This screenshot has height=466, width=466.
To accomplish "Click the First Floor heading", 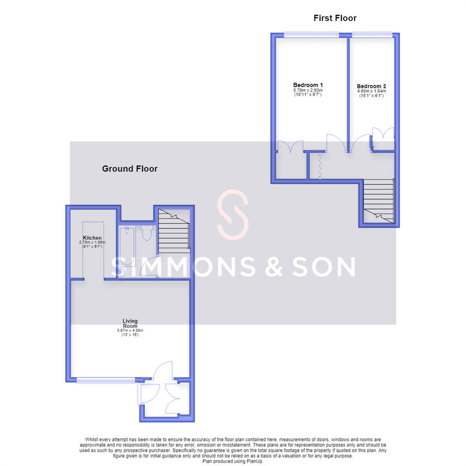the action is pos(335,18).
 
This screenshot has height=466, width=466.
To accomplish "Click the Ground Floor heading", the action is pos(130,169).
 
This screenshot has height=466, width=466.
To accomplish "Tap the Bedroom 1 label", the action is pos(308,85).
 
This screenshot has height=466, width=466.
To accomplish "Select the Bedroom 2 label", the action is pos(372,86).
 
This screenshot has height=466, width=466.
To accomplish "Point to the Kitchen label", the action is pos(92,238).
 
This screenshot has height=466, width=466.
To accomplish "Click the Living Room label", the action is pos(130,323).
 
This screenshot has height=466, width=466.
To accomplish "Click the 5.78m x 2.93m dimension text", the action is pos(308,90).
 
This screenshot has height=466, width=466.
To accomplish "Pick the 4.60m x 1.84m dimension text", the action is pos(372,91).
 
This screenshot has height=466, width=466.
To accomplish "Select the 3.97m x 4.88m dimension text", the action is pos(130,331).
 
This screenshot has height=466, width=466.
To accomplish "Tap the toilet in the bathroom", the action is pos(147,233).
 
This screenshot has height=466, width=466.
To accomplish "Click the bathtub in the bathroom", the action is pos(127,246).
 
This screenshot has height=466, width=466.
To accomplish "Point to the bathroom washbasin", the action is pos(122,272).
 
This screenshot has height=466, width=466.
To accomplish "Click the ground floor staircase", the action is pos(174,231).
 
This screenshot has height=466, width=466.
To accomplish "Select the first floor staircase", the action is pos(379,201).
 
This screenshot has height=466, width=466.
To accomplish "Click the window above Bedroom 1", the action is pos(311,35).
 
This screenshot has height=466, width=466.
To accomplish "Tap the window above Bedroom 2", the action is pos(372,35).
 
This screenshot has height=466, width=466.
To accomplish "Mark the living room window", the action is pos(106,381).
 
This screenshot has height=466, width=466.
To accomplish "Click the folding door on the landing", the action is pos(320,166).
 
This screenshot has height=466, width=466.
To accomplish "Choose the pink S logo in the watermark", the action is pos(233,214).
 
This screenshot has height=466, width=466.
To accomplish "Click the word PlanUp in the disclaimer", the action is pos(255,461).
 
